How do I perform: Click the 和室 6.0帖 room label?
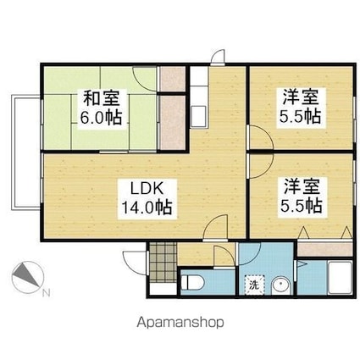coord(102,108)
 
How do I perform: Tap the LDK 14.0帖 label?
coord(147,199)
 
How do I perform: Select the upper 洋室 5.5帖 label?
coord(301,107)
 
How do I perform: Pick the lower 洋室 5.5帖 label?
coord(301,196)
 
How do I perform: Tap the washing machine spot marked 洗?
coord(254,285)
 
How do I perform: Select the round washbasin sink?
coord(280,285)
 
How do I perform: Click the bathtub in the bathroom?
coord(340,278)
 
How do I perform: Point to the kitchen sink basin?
coord(199,117)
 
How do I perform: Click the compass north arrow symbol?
coord(27,277)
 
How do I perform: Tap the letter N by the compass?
coord(47,293)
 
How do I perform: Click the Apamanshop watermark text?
coord(180,323)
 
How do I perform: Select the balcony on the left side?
coord(25,152)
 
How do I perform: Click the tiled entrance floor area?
coord(163,262)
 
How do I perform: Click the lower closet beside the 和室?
coord(172,122)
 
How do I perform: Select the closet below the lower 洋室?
coord(324,249)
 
